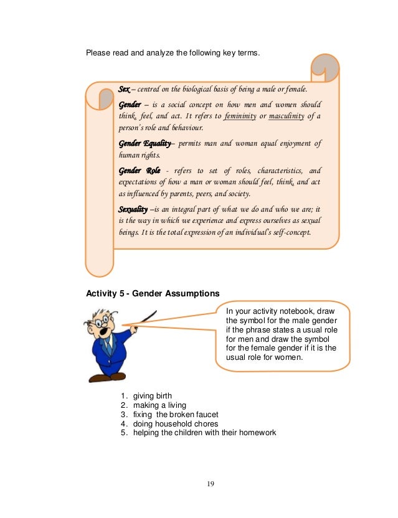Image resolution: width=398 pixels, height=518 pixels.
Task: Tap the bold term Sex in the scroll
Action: [x=125, y=90]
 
